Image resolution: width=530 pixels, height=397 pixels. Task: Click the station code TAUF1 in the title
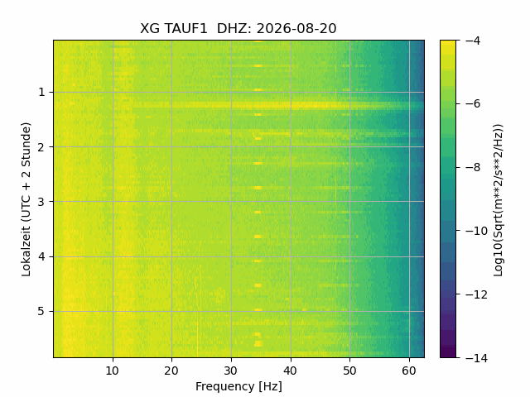185,28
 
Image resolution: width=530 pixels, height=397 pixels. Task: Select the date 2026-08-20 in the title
296,28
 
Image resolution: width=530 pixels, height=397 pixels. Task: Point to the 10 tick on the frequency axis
113,371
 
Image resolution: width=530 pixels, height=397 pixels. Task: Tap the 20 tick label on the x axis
171,371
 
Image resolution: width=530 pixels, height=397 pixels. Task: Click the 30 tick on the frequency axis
231,371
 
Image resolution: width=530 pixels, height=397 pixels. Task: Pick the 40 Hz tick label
291,371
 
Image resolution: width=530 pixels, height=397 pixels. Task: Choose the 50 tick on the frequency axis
349,371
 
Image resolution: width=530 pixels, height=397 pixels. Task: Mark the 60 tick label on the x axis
409,371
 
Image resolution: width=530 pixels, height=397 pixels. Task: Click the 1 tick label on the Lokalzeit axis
41,92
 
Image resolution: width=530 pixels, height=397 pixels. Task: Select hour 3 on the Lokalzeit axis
41,202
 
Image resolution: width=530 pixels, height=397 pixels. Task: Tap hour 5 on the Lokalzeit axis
41,311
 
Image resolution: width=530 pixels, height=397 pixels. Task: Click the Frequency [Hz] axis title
238,386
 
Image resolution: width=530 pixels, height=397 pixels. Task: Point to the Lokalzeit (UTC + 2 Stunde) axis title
26,199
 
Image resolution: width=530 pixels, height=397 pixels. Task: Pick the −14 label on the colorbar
476,357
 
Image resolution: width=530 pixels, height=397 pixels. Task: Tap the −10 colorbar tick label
476,231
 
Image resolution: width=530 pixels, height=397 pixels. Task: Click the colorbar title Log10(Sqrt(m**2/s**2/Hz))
499,200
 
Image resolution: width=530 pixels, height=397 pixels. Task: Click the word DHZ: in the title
234,28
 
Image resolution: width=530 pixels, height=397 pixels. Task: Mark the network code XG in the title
149,28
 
